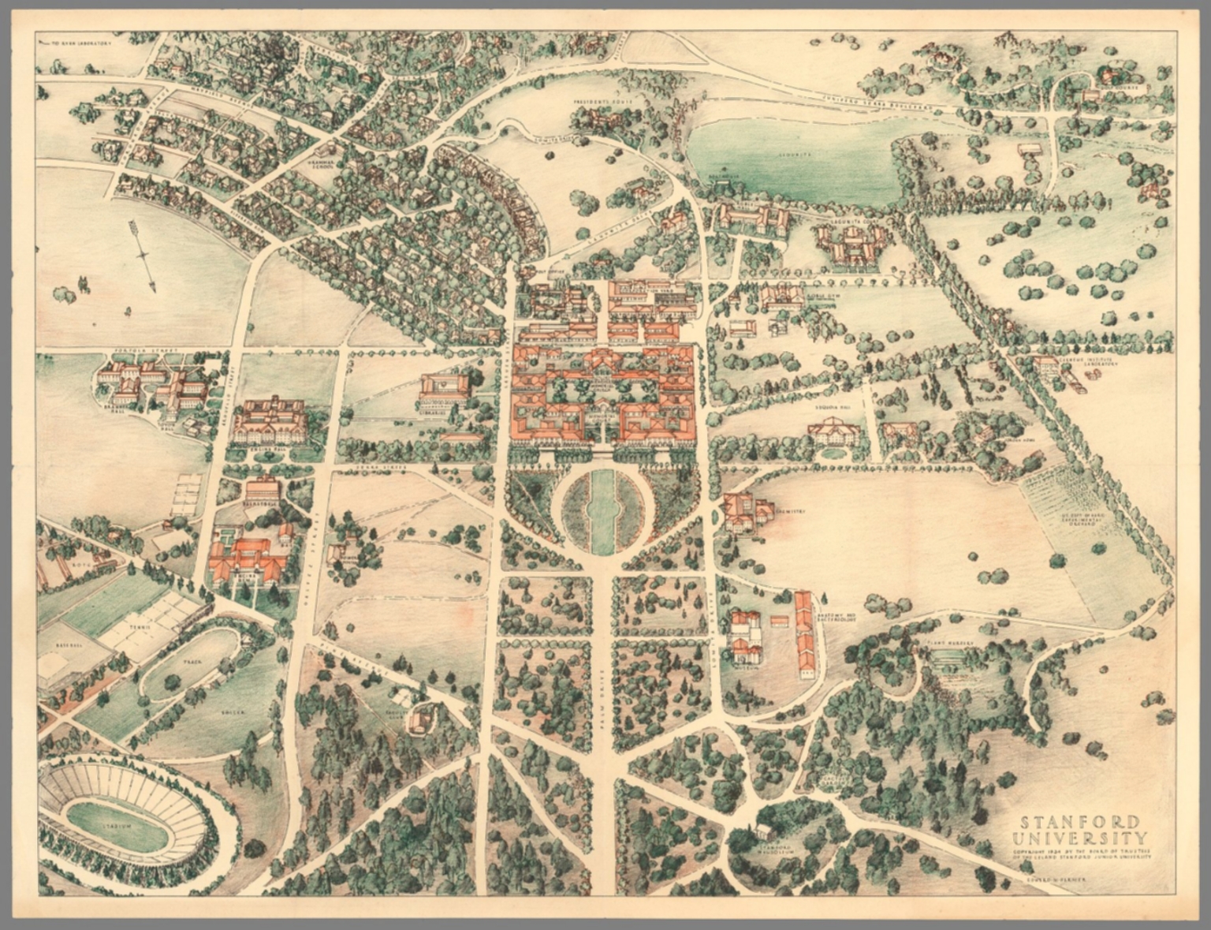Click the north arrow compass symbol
tap(142, 255)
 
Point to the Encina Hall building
tap(270, 421)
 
